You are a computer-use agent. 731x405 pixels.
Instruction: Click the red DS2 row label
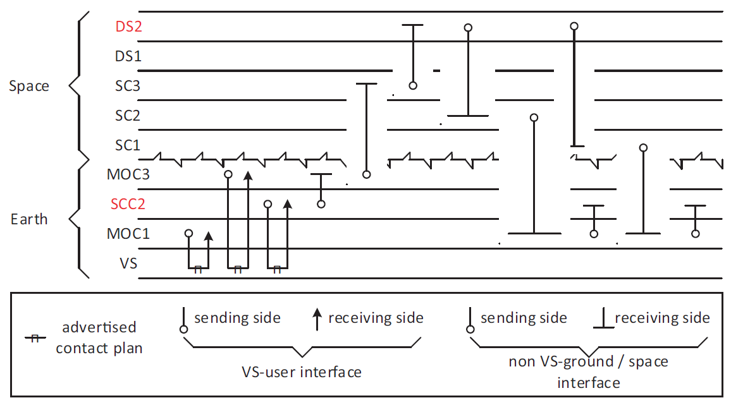pos(128,27)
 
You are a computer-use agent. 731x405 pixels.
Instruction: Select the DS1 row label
pos(128,56)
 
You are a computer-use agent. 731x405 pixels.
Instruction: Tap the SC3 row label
pos(128,86)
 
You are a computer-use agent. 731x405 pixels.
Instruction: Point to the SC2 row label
pos(128,116)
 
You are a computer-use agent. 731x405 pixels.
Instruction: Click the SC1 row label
pos(128,145)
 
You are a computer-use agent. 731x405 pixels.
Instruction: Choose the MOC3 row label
pos(128,174)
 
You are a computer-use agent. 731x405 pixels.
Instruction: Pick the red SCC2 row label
pos(128,204)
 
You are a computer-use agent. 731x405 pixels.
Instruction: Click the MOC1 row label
pos(128,234)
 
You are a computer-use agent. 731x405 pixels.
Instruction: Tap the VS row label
pos(128,263)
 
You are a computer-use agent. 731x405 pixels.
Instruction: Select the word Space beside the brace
pos(29,86)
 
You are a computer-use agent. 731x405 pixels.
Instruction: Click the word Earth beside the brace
pos(29,219)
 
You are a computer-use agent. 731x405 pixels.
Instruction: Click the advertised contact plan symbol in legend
pos(35,339)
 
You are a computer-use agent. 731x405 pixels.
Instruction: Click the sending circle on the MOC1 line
pos(188,233)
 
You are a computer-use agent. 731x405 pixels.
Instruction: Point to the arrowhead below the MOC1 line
pos(209,237)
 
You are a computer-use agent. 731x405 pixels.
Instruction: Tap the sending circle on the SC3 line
pos(413,85)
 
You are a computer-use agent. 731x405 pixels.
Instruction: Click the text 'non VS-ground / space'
pos(588,362)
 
